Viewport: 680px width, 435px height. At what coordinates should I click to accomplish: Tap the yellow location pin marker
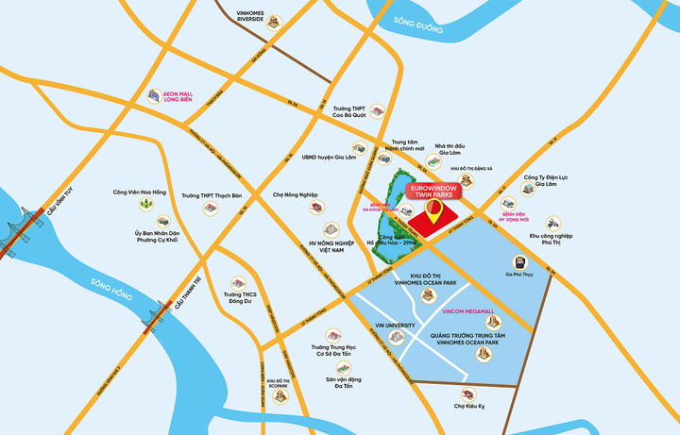coord(433,213)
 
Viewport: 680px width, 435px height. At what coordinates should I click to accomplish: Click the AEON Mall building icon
coord(153,95)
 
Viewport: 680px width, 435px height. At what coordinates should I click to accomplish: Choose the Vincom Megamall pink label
coord(468,311)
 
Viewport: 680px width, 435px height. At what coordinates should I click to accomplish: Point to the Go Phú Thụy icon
coord(518,263)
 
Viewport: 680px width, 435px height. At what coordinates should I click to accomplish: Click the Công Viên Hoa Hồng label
coord(139,191)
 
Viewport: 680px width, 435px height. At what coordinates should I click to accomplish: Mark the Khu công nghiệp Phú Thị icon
coord(552,223)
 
